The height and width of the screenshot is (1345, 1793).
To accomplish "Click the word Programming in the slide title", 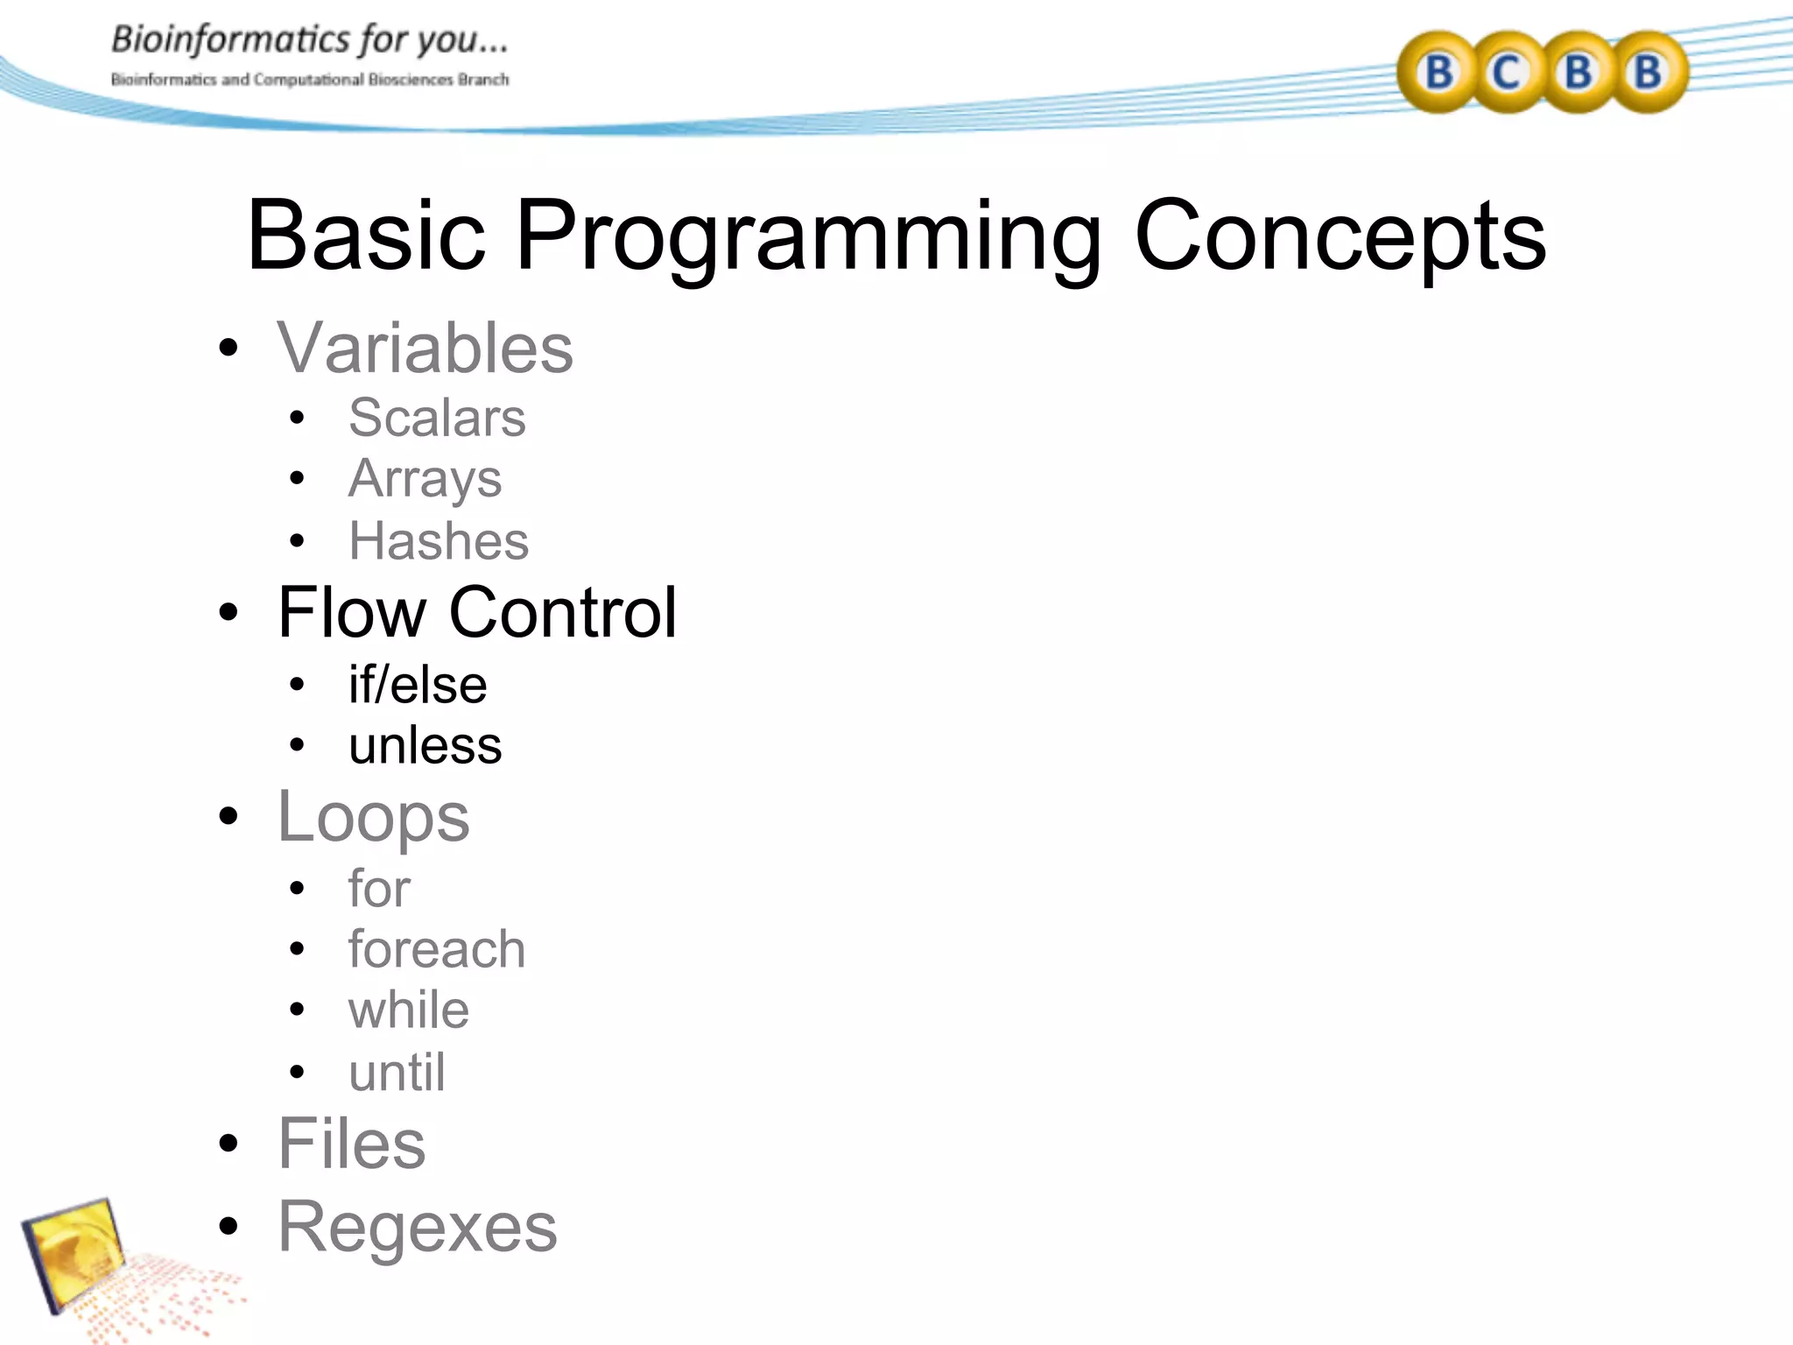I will [x=807, y=236].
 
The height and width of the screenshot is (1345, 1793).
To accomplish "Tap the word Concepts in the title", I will [x=1339, y=236].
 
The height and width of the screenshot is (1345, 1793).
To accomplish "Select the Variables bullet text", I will [x=425, y=349].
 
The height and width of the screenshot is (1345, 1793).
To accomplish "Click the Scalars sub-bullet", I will [x=437, y=418].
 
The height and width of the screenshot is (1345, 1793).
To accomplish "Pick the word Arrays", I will [x=425, y=480].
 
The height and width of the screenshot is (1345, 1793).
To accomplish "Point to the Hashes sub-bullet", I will [x=439, y=541].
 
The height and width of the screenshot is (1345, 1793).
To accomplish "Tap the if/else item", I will [x=418, y=685].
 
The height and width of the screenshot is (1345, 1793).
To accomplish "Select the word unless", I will [x=425, y=746].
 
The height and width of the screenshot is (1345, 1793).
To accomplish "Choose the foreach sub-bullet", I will [x=437, y=949].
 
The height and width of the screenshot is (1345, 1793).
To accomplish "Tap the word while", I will [x=409, y=1011].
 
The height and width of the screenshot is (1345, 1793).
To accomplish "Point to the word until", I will [x=397, y=1072].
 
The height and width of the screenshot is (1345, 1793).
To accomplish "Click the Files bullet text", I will [x=351, y=1144].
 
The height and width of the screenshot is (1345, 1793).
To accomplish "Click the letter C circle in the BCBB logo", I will [x=1507, y=72].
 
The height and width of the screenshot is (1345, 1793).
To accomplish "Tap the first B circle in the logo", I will [x=1438, y=72].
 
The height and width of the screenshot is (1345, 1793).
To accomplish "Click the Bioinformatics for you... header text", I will [x=309, y=40].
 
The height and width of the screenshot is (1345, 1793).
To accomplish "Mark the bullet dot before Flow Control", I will [x=229, y=613].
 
